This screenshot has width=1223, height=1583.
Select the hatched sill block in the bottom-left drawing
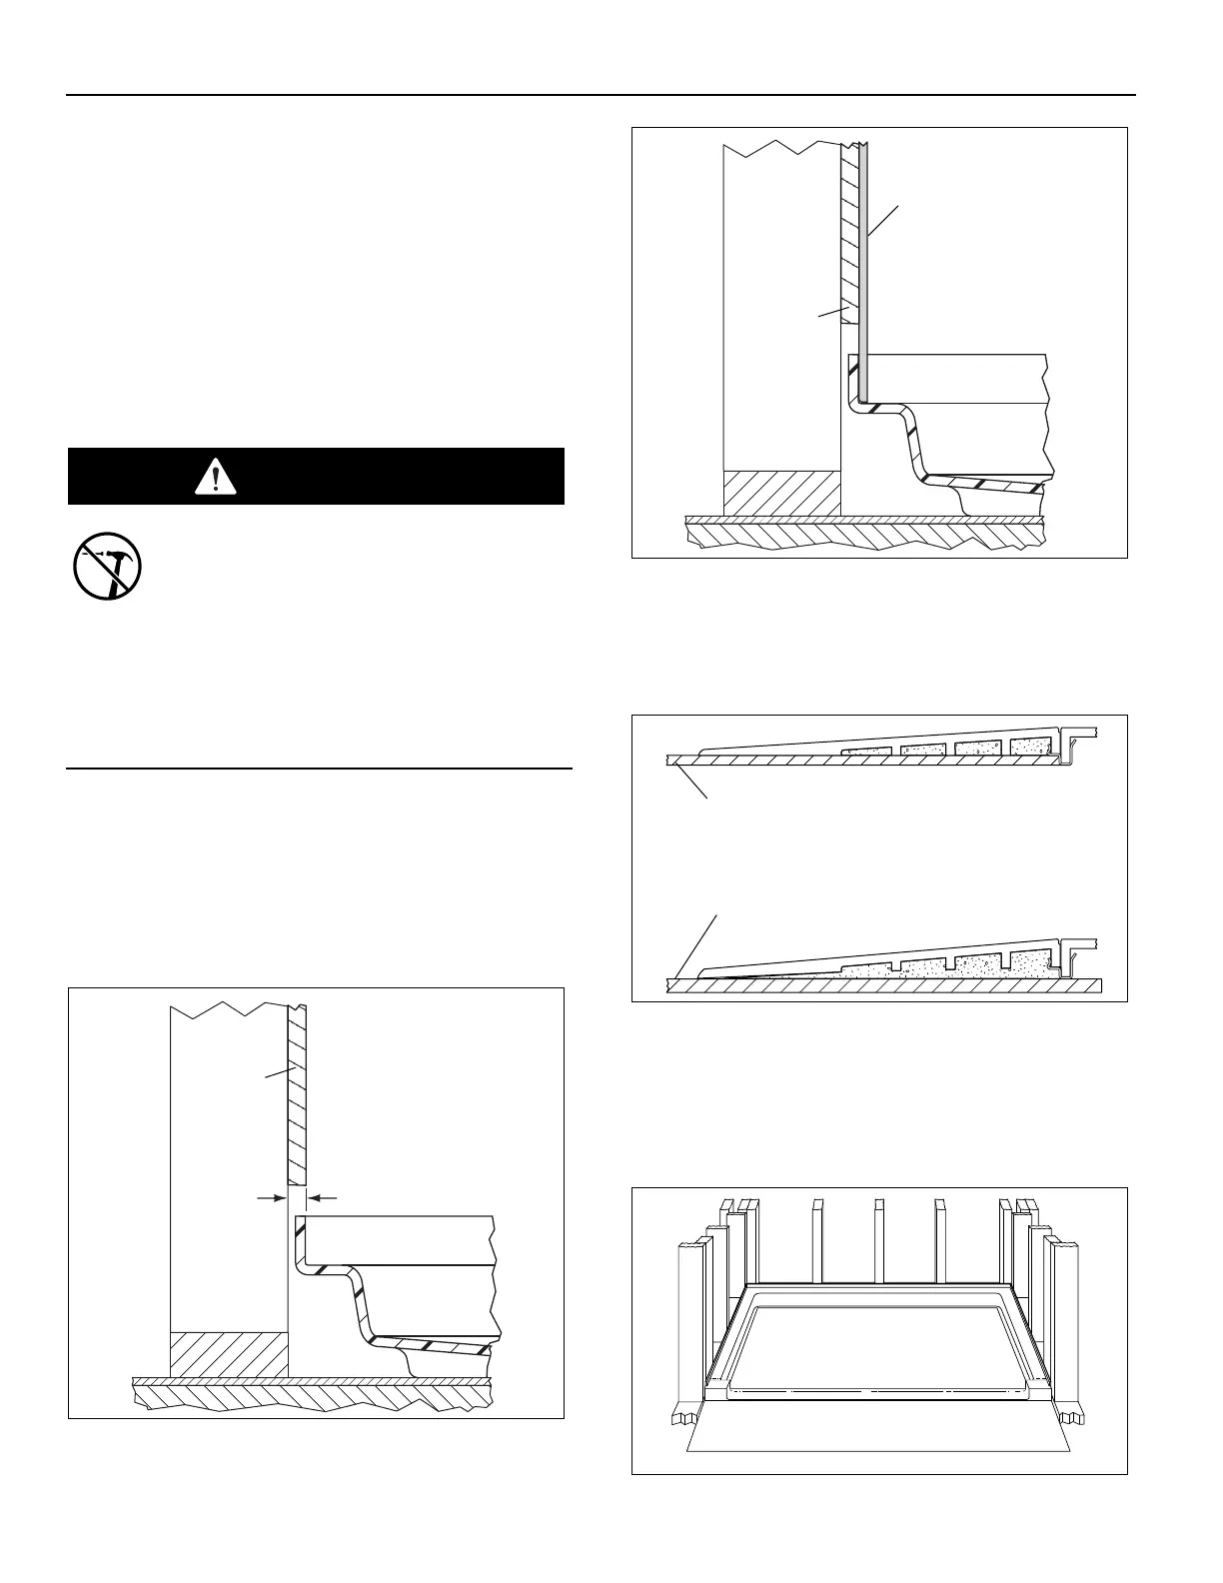pyautogui.click(x=229, y=1353)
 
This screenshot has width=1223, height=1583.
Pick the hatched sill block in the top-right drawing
pyautogui.click(x=781, y=494)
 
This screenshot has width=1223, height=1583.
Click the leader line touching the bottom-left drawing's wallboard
pyautogui.click(x=277, y=1072)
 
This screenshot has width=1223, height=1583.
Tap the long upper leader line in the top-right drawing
pyautogui.click(x=883, y=221)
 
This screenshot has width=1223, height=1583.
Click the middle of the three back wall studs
pyautogui.click(x=878, y=1239)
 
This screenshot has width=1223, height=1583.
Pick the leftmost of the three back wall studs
pyautogui.click(x=817, y=1239)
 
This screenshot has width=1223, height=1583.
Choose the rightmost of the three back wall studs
pyautogui.click(x=939, y=1239)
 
